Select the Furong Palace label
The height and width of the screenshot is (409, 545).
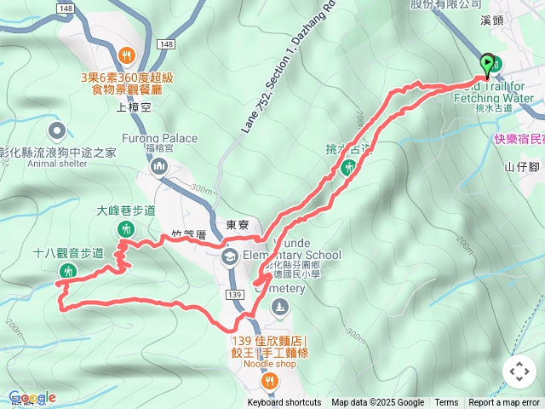tap(165, 138)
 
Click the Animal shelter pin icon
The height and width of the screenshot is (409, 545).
tap(57, 130)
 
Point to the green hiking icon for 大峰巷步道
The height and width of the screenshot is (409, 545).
tap(126, 228)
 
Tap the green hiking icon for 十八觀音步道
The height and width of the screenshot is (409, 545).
tap(67, 271)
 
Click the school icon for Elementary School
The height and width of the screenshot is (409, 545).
tap(229, 256)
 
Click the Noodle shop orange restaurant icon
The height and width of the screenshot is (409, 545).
tap(269, 380)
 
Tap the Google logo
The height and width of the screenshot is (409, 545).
tap(32, 397)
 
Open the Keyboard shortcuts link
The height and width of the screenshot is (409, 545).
tap(284, 403)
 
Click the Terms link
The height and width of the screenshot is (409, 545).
tap(446, 403)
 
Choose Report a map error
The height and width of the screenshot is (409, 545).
tap(505, 403)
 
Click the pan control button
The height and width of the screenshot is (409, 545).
tap(519, 372)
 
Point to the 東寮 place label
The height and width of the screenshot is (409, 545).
tap(237, 226)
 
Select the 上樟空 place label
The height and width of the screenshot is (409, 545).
tap(134, 107)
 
